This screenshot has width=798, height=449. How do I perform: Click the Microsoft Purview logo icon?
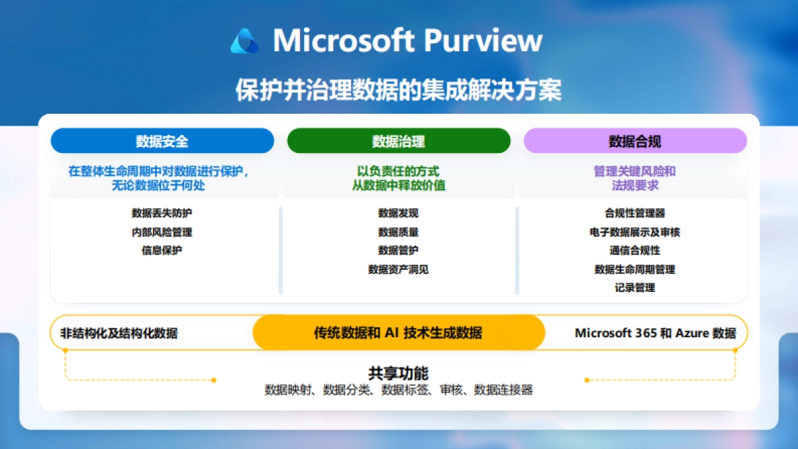(244, 41)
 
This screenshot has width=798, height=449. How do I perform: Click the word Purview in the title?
(483, 41)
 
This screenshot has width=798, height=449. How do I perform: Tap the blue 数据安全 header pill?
(162, 141)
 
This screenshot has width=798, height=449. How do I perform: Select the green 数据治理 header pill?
(398, 141)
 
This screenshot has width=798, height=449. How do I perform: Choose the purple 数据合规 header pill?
(635, 141)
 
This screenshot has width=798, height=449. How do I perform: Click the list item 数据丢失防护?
(162, 214)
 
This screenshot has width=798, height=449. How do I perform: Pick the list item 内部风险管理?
(162, 232)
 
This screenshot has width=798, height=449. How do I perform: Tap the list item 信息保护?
(162, 251)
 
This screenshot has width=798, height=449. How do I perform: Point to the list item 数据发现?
(398, 214)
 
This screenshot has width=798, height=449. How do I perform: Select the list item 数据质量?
(398, 232)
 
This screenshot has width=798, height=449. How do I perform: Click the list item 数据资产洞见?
(398, 269)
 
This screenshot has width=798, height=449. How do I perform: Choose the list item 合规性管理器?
(634, 214)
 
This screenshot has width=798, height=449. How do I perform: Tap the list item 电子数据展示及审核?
(634, 232)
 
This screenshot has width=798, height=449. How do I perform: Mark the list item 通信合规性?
(634, 251)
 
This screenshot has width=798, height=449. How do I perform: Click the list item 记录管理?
(634, 288)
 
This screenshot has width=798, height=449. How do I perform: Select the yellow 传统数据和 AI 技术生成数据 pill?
(398, 333)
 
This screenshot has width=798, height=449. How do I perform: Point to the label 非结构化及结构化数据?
(119, 333)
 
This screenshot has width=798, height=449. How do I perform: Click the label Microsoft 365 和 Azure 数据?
(655, 333)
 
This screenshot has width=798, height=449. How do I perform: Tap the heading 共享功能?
(398, 373)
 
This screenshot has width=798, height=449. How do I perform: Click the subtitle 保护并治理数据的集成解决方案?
(398, 90)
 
